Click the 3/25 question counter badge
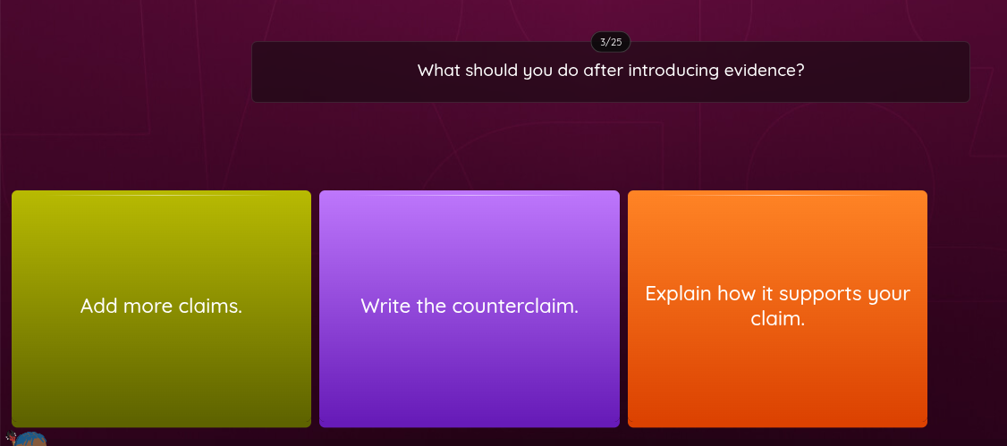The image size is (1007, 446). (611, 42)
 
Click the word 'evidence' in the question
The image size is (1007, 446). (763, 71)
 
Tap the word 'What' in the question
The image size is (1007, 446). (438, 71)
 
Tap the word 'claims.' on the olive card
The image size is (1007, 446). (211, 307)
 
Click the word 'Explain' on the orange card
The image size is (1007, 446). (678, 294)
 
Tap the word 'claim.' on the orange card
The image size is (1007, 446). (777, 318)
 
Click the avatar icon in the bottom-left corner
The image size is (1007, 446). (29, 439)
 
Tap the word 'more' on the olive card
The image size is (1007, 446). (148, 307)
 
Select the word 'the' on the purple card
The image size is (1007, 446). (431, 307)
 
